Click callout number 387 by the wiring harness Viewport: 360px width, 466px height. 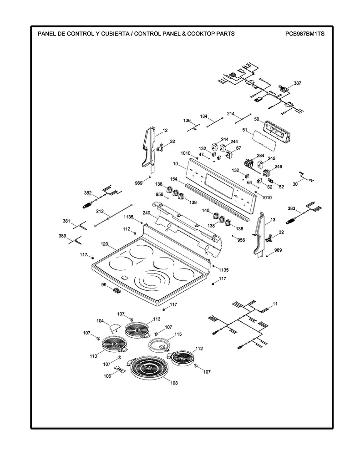(x=297, y=83)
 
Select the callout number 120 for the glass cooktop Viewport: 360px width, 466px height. (x=104, y=244)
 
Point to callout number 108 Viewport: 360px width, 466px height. (x=174, y=383)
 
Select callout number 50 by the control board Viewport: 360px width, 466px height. (x=256, y=119)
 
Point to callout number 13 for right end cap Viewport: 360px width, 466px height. (x=273, y=220)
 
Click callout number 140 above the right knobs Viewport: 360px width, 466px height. (x=205, y=210)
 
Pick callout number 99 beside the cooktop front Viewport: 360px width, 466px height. (x=104, y=284)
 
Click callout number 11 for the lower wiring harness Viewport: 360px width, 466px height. (x=275, y=303)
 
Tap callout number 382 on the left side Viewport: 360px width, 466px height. (x=88, y=193)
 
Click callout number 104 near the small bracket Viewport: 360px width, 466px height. (x=100, y=321)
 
